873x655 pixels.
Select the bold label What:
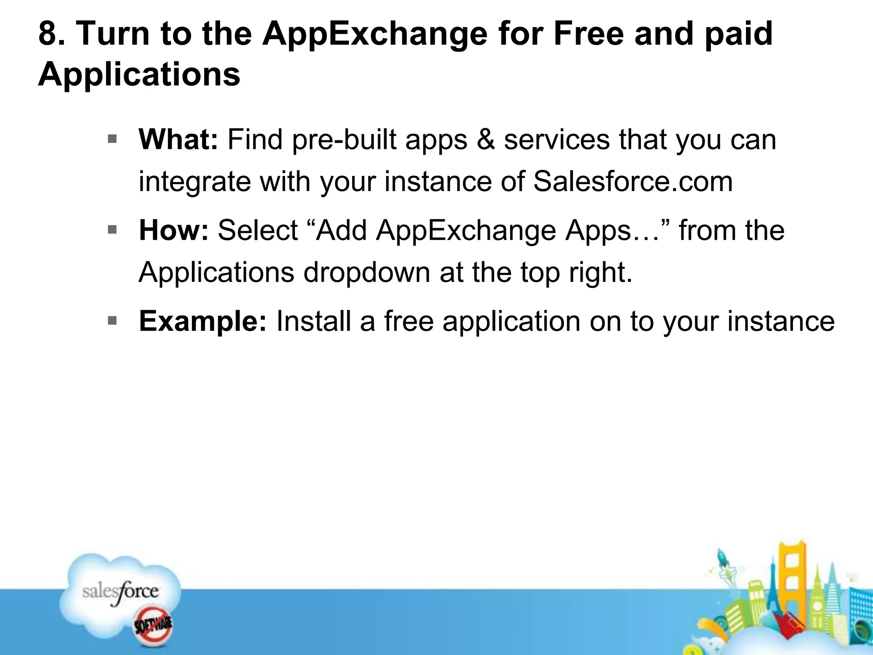pyautogui.click(x=178, y=139)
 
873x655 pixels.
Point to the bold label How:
pyautogui.click(x=173, y=230)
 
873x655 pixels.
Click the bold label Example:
pyautogui.click(x=202, y=321)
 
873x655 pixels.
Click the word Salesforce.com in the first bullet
pyautogui.click(x=633, y=181)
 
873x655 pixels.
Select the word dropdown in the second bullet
pyautogui.click(x=366, y=272)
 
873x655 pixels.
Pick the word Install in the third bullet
pyautogui.click(x=313, y=321)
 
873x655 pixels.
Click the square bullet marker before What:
pyautogui.click(x=112, y=139)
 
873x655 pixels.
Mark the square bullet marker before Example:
pyautogui.click(x=112, y=321)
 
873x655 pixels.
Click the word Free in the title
pyautogui.click(x=588, y=34)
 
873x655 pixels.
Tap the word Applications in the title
pyautogui.click(x=139, y=74)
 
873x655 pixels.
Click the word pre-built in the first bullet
pyautogui.click(x=344, y=139)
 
